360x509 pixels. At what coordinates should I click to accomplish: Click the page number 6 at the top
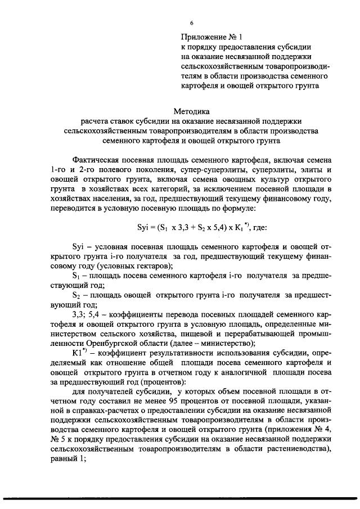tap(191, 23)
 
